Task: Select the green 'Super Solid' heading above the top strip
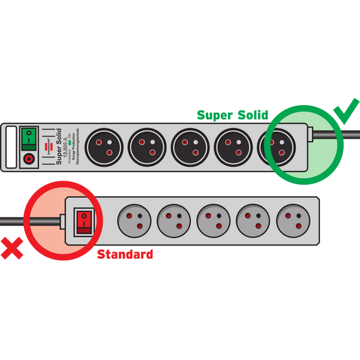234,115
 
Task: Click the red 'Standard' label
125,254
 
